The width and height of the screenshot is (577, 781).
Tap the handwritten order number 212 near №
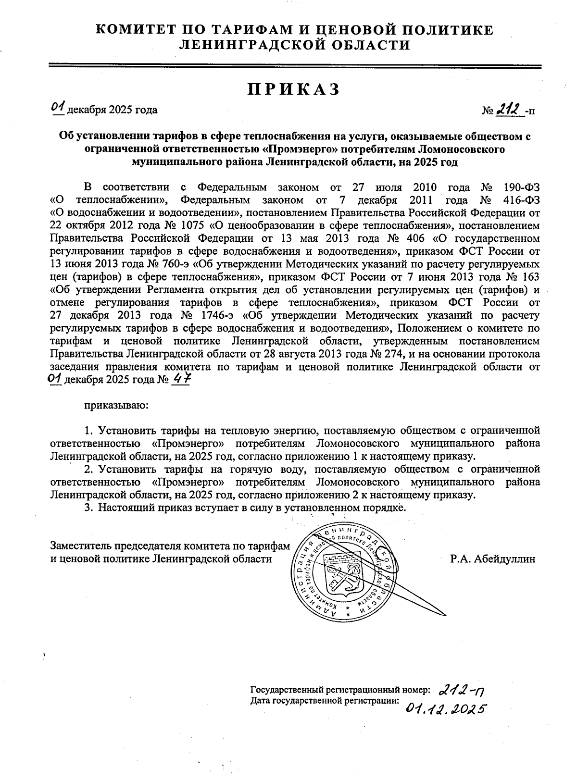(510, 110)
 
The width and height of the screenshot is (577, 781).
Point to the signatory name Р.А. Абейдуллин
(492, 559)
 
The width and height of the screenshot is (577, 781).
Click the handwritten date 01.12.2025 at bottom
(444, 708)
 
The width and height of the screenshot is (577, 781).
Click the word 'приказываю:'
(116, 405)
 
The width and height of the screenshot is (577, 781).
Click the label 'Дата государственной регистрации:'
(325, 701)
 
